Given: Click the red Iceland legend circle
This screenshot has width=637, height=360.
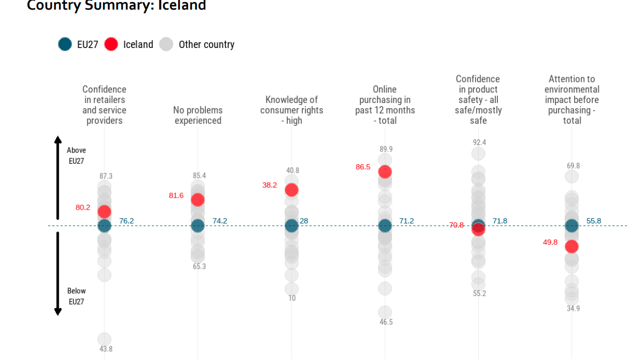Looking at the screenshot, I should coord(111,44).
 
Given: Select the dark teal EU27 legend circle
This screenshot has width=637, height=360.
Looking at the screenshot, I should coord(65,44).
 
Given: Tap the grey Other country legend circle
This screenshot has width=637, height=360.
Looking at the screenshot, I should coord(167,44).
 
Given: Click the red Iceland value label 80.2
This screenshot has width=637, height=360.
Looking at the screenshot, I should coord(83,207).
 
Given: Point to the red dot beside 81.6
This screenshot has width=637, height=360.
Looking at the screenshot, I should coord(198,199).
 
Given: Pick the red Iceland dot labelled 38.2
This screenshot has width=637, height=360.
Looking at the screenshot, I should coord(292,190).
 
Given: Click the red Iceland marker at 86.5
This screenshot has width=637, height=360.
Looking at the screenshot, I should coord(385,172).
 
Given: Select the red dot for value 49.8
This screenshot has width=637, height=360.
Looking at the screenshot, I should coord(572,246).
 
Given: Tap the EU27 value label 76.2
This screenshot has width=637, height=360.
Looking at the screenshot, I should coord(126,221).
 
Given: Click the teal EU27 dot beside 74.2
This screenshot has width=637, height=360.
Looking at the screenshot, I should coord(198,226).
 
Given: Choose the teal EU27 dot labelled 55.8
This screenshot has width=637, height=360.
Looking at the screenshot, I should coord(572,226).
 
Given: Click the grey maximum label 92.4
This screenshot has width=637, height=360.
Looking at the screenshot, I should coord(479,142).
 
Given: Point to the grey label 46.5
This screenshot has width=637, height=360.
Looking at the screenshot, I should coord(386,322).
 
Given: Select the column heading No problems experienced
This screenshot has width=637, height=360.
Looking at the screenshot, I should coord(198,115).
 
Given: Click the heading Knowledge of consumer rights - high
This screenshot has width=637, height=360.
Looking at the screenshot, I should coord(292,110).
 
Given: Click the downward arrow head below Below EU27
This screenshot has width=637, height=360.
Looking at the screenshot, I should coord(58,311).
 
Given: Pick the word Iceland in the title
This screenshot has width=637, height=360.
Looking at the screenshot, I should coord(182,6).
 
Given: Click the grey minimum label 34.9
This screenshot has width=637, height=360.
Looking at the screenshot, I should coord(574,308).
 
